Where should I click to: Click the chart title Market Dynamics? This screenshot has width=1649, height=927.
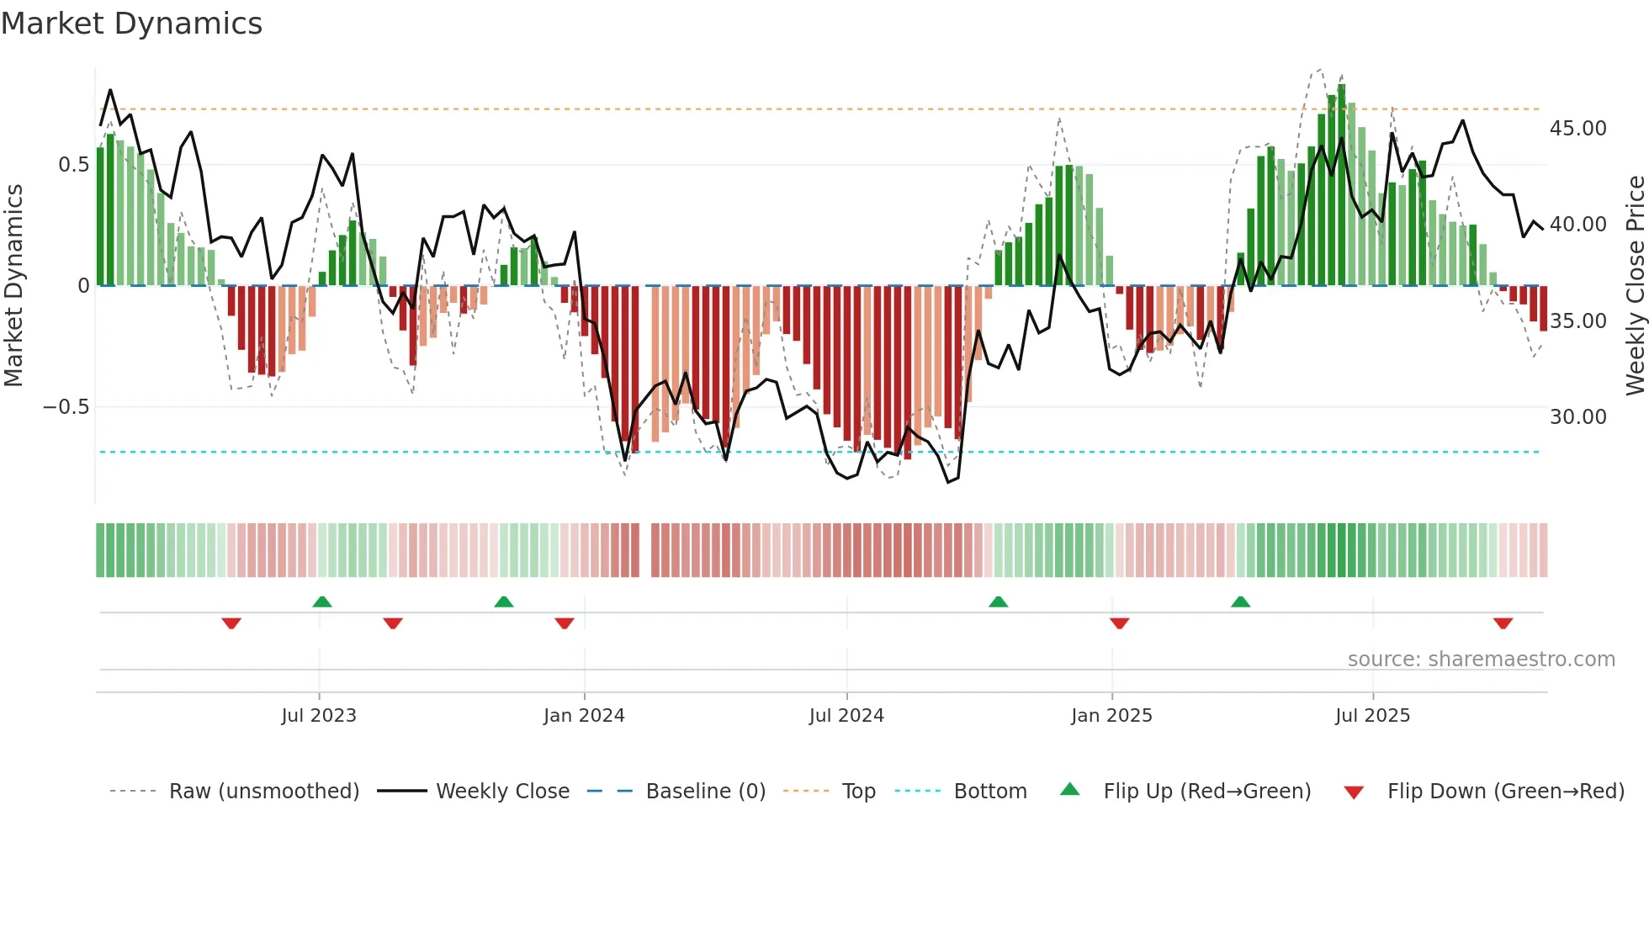(131, 24)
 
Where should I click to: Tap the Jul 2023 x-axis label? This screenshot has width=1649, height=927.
(319, 716)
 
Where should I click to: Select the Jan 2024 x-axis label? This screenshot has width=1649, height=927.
(584, 716)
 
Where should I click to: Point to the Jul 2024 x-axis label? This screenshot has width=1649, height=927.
(846, 716)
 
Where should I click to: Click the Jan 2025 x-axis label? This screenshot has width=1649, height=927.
(1111, 716)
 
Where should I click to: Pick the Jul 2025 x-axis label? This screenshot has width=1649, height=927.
(1372, 716)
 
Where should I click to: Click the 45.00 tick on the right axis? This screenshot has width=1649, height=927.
(1577, 129)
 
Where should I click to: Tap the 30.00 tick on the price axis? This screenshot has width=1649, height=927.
(1577, 417)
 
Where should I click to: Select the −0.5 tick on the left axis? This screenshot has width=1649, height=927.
(66, 407)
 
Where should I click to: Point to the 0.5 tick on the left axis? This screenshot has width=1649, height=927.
(73, 165)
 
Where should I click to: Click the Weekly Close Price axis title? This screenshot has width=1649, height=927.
(1635, 285)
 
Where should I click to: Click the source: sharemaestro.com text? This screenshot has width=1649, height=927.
(1481, 659)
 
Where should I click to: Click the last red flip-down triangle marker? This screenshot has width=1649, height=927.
(1503, 623)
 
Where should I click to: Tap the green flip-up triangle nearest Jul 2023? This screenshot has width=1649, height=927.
(321, 601)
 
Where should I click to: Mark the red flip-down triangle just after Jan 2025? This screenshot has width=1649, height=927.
(1119, 623)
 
